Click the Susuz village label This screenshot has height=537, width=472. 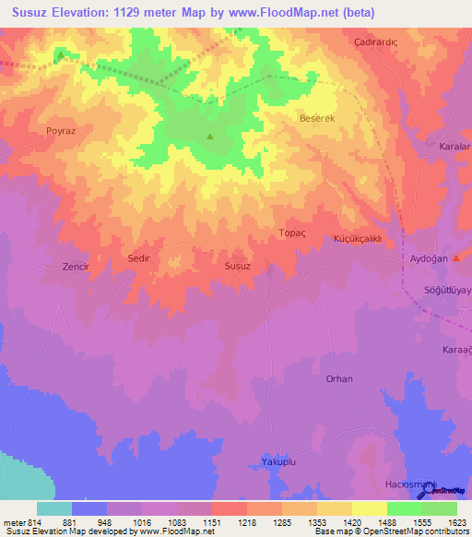point(237,265)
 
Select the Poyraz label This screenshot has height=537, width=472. point(60,131)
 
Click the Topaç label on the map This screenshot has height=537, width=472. point(291,233)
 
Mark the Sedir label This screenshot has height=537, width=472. point(139,259)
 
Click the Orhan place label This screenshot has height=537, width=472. point(339,378)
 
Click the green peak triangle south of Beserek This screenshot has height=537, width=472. point(210,137)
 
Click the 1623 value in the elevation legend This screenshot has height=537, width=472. point(458,521)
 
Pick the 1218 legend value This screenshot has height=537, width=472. point(246,521)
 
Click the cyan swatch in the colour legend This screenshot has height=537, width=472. point(54,508)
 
